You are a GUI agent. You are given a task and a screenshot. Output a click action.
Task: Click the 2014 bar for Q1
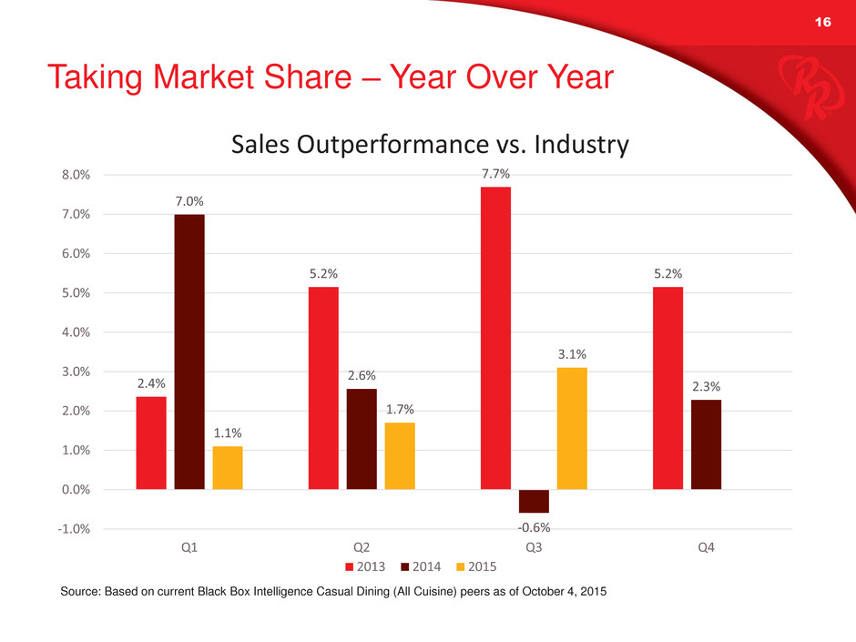coord(189,352)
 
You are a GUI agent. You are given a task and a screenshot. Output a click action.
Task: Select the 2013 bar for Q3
coord(495,338)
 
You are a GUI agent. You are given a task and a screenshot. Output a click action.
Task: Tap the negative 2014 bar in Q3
coord(534,502)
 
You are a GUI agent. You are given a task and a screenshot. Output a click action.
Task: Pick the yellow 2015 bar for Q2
coord(400,456)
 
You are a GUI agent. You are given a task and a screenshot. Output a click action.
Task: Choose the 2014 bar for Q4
coord(706,444)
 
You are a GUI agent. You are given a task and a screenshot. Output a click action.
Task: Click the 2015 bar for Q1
coord(228,468)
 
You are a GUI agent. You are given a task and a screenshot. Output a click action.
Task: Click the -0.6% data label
coord(534,526)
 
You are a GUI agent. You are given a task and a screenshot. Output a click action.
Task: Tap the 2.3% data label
coord(706,387)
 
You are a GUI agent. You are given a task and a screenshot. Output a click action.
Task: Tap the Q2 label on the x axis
coord(362,548)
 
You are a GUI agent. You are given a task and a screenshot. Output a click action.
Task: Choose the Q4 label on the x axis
coord(706,548)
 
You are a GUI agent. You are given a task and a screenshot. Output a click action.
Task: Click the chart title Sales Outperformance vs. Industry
coord(431,145)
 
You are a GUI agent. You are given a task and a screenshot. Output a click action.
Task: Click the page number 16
coord(823,25)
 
